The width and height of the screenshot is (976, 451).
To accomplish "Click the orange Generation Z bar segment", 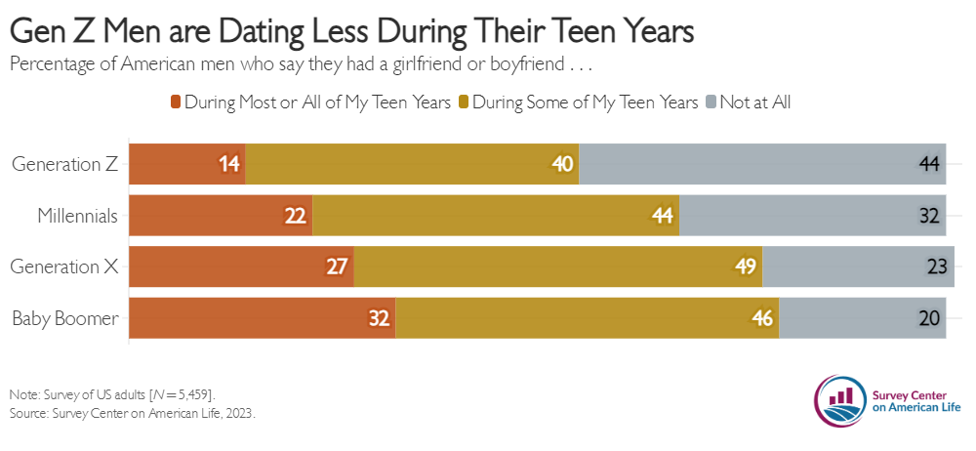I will click(x=186, y=164).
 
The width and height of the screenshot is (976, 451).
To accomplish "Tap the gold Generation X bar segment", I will click(x=557, y=267).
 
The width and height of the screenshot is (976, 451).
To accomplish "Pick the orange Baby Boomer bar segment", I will click(x=262, y=318).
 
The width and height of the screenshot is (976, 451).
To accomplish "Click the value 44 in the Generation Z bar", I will click(x=930, y=164).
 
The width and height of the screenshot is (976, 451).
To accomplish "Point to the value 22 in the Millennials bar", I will click(x=296, y=216).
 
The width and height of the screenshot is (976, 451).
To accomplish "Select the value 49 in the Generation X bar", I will click(x=745, y=267).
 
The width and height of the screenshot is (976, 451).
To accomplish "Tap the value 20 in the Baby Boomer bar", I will click(x=930, y=318).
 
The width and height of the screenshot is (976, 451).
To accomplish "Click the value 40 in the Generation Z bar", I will click(x=562, y=164).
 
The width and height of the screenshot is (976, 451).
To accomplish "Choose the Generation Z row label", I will click(x=64, y=164).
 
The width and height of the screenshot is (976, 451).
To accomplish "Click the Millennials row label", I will click(x=77, y=216).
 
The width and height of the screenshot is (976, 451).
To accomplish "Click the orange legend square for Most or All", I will click(x=176, y=102).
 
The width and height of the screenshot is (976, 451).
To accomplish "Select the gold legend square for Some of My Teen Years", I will click(x=464, y=102).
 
